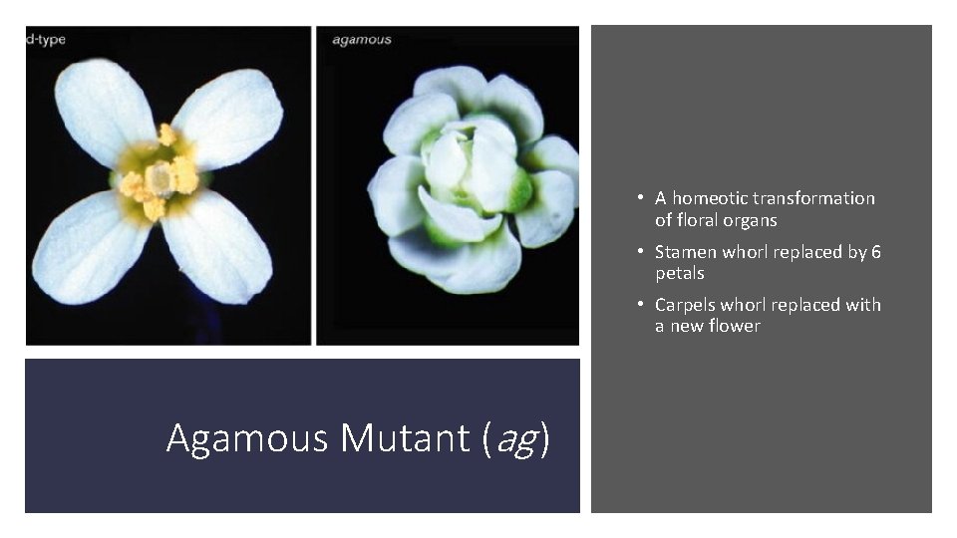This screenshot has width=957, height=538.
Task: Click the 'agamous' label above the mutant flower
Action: (x=361, y=40)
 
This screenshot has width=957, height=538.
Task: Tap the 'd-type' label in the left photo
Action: (x=46, y=40)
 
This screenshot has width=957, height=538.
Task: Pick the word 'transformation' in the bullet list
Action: (x=813, y=198)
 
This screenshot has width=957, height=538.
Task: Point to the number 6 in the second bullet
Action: (x=875, y=252)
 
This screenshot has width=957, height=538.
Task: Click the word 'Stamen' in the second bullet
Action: (x=686, y=252)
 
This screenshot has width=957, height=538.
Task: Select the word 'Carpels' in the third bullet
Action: (x=687, y=305)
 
